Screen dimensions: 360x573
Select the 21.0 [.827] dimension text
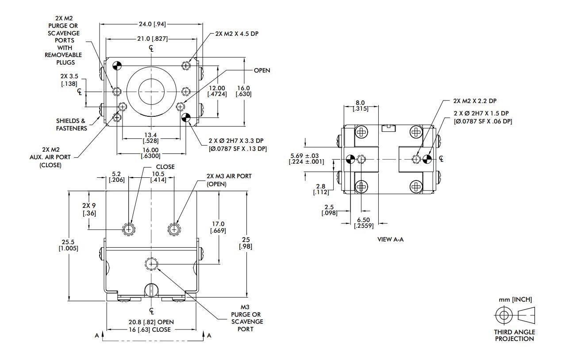[x=152, y=39]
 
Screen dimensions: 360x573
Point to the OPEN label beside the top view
[x=262, y=70]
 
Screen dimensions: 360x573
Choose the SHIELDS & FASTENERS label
[x=71, y=124]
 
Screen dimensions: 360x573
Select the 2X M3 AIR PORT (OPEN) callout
[x=229, y=180]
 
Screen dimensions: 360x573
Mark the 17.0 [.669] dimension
[x=219, y=227]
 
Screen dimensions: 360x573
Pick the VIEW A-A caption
[x=390, y=239]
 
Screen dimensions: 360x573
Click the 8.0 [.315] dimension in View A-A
[x=361, y=107]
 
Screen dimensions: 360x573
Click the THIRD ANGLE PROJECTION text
[x=514, y=335]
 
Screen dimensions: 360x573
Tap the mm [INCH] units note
[x=515, y=299]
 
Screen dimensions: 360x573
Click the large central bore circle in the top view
[x=151, y=92]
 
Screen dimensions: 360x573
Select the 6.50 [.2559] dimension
[x=364, y=222]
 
